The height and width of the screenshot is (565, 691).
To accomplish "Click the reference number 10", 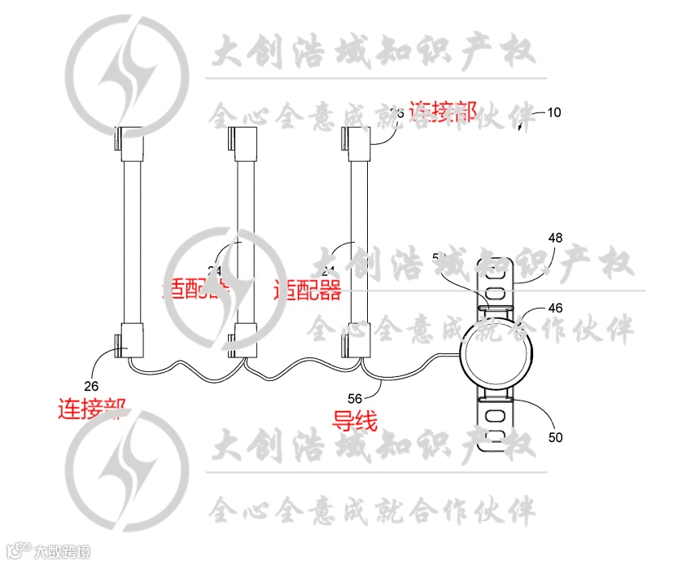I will pos(553,112).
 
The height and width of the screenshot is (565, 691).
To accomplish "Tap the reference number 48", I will pos(555,239).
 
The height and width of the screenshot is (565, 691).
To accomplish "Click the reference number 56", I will pos(355,398).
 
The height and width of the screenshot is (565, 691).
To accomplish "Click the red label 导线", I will pos(355,420).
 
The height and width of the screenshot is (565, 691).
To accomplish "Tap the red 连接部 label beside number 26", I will pos(91,407).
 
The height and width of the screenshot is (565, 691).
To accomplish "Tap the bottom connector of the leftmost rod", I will pos(130,339).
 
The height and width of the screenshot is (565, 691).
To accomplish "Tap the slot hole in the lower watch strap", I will pos(496,417).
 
